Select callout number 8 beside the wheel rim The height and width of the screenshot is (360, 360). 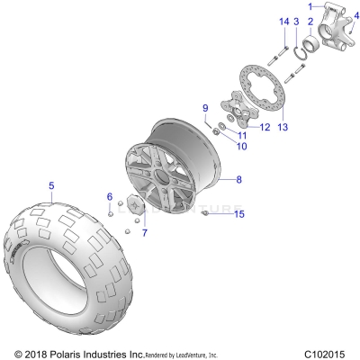pyautogui.click(x=238, y=180)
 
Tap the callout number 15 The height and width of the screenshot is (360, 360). pyautogui.click(x=238, y=214)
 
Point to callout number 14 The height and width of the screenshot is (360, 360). pyautogui.click(x=283, y=21)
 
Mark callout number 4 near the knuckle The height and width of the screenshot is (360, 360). pyautogui.click(x=353, y=27)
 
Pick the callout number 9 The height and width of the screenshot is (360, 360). pyautogui.click(x=204, y=108)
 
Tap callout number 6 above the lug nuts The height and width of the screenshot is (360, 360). pyautogui.click(x=110, y=196)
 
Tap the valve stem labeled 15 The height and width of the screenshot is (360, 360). pyautogui.click(x=206, y=213)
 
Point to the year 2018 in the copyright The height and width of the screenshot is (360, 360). pyautogui.click(x=36, y=352)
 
